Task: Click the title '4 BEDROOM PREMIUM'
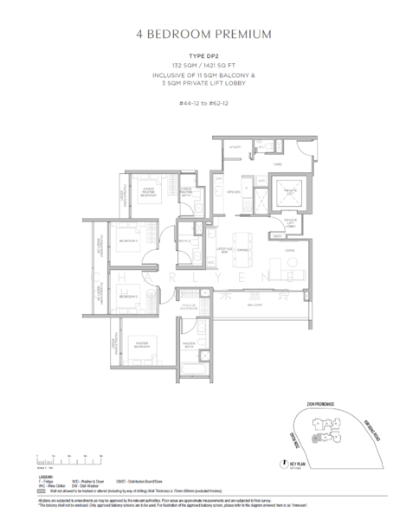coord(196,35)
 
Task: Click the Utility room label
coord(234,149)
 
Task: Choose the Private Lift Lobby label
coord(290,225)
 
